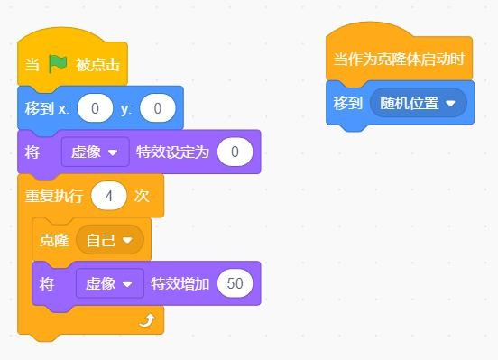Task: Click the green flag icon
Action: pyautogui.click(x=58, y=63)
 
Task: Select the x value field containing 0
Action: pyautogui.click(x=95, y=108)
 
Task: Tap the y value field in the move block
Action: pyautogui.click(x=158, y=108)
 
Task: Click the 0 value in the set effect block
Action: pyautogui.click(x=235, y=152)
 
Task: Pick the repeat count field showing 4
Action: pyautogui.click(x=108, y=196)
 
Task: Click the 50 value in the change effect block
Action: pyautogui.click(x=235, y=283)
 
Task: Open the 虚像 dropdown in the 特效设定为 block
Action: pyautogui.click(x=96, y=152)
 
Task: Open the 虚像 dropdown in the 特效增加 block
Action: pyautogui.click(x=110, y=283)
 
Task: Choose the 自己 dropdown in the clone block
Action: pyautogui.click(x=110, y=240)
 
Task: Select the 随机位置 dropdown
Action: pyautogui.click(x=419, y=103)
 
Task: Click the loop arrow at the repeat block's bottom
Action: pyautogui.click(x=147, y=320)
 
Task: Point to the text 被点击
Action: pyautogui.click(x=97, y=64)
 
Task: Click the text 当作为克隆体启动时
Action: pyautogui.click(x=399, y=60)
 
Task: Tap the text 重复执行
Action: pyautogui.click(x=54, y=196)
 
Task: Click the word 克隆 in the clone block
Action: pyautogui.click(x=54, y=240)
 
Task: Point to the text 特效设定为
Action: pyautogui.click(x=173, y=152)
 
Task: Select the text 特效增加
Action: pyautogui.click(x=180, y=283)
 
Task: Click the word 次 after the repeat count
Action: pyautogui.click(x=142, y=196)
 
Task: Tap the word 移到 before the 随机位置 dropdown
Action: pyautogui.click(x=348, y=103)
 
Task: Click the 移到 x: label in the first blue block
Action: pyautogui.click(x=47, y=108)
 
